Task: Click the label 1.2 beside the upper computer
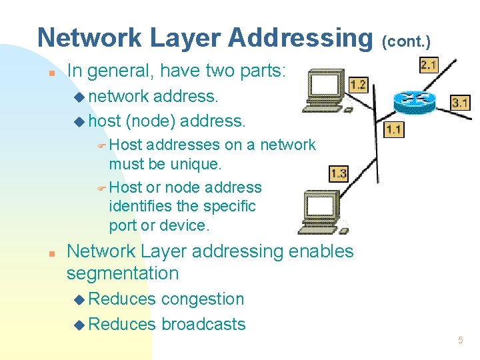(358, 85)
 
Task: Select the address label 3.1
(460, 103)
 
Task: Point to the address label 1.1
(393, 129)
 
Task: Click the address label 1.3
(339, 173)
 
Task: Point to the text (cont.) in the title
(407, 41)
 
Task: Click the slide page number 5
(460, 341)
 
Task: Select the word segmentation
(123, 273)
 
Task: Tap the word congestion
(203, 299)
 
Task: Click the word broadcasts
(203, 325)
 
